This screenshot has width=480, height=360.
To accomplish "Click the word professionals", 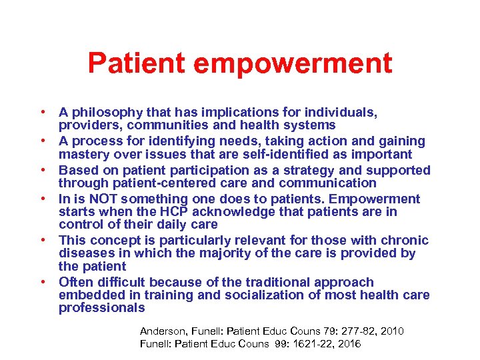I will pyautogui.click(x=101, y=308).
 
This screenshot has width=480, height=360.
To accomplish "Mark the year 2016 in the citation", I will pyautogui.click(x=349, y=344).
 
